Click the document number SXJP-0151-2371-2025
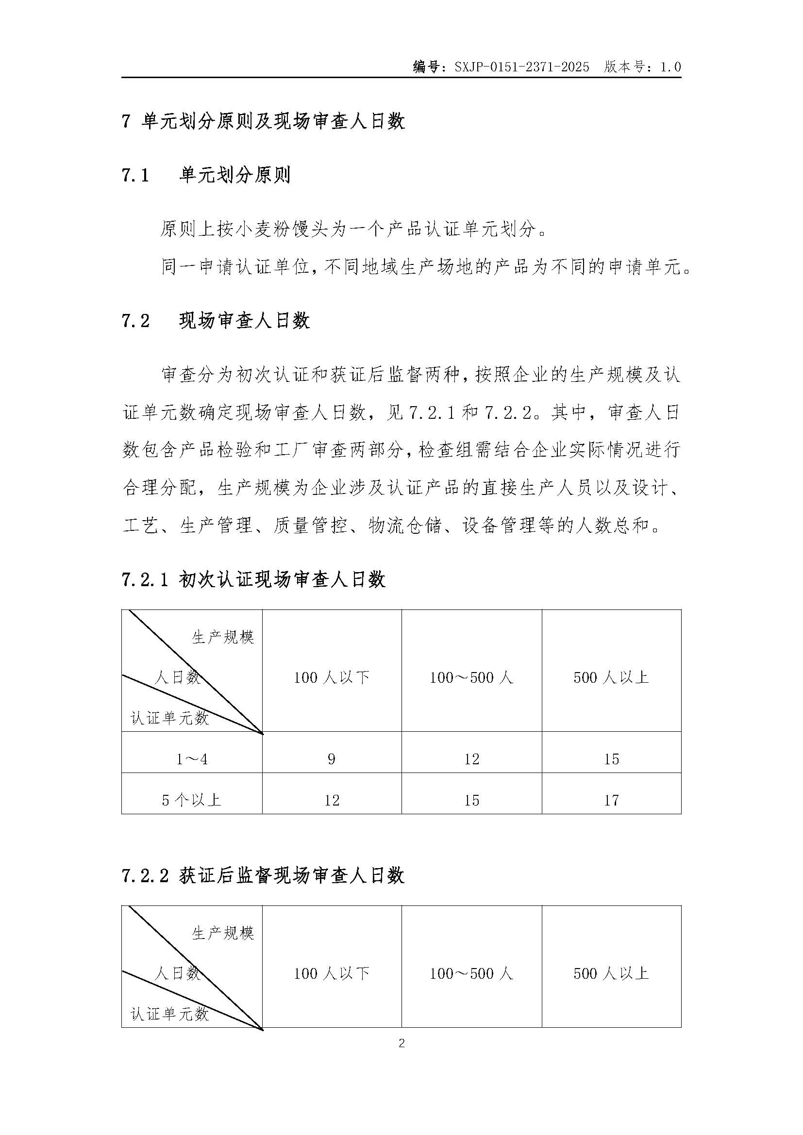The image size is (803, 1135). point(521,67)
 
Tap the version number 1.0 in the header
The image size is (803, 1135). point(670,67)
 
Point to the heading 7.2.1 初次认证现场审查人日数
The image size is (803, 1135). point(253,579)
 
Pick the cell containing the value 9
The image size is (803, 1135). point(331,759)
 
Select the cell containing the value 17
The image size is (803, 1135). point(611,800)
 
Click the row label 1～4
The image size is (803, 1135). point(192,759)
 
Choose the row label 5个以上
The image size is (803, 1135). point(192,800)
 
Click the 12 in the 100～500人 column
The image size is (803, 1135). point(472,759)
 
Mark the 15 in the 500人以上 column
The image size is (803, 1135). point(611,759)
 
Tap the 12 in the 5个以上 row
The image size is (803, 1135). point(331,800)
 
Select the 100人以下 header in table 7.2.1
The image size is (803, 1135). point(331,677)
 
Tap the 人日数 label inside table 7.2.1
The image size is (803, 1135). point(177,677)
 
